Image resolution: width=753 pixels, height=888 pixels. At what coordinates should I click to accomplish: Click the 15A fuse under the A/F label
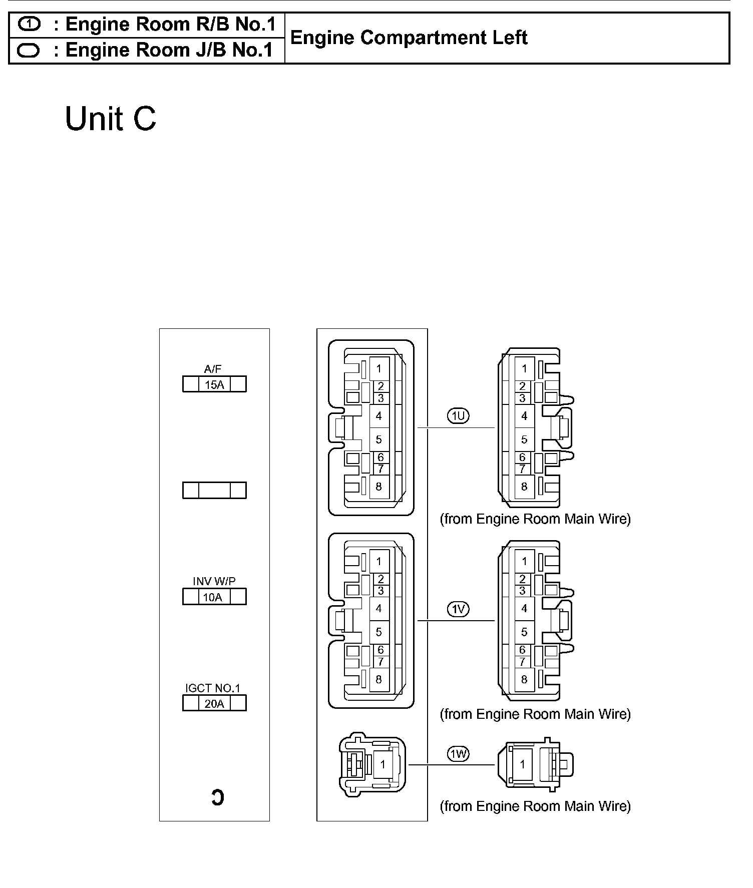(x=214, y=384)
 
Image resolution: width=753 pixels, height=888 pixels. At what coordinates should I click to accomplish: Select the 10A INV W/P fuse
(x=214, y=597)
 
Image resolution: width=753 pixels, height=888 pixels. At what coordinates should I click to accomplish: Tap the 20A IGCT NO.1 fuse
(x=214, y=703)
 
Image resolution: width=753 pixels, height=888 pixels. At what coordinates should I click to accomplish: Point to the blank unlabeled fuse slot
(x=214, y=490)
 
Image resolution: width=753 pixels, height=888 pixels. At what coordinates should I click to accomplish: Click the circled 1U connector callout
(x=458, y=415)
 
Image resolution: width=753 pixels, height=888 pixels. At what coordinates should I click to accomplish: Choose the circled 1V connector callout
(x=458, y=609)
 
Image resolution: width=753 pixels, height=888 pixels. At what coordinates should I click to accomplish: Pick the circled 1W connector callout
(x=458, y=754)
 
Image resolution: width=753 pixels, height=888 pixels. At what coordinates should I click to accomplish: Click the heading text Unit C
(x=111, y=119)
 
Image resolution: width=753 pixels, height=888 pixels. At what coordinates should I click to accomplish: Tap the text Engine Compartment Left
(x=409, y=38)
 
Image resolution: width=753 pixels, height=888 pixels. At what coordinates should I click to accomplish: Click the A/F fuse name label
(x=213, y=369)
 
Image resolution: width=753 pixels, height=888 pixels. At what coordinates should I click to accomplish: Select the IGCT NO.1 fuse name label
(x=213, y=688)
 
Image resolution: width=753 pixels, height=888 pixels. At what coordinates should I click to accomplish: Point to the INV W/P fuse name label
(x=214, y=581)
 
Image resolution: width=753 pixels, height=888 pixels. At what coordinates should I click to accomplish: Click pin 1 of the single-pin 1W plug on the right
(x=523, y=764)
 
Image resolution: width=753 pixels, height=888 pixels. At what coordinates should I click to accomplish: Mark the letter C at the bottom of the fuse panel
(x=217, y=797)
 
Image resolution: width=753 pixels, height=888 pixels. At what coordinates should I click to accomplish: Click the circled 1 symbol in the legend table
(x=29, y=24)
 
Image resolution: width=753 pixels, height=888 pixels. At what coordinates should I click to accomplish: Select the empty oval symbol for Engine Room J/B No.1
(x=29, y=51)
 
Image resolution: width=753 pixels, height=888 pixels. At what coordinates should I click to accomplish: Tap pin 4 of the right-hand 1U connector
(x=524, y=416)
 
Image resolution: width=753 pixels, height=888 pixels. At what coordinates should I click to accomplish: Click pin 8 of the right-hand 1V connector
(x=524, y=679)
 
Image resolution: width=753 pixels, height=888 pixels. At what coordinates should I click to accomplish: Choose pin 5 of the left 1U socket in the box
(x=379, y=439)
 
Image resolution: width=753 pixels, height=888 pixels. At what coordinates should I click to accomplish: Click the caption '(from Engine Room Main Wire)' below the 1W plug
(x=535, y=806)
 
